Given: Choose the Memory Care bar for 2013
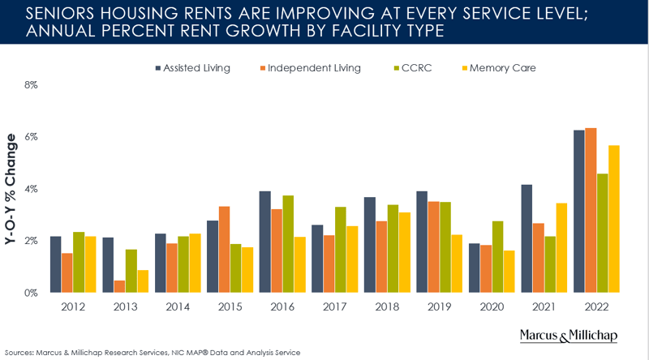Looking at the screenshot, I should point(142,281).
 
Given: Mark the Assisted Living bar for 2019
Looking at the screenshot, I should point(423,242).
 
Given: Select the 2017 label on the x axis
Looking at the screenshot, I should point(335,308).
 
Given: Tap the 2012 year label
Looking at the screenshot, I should point(73,308).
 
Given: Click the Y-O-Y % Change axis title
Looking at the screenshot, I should point(11,188).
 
